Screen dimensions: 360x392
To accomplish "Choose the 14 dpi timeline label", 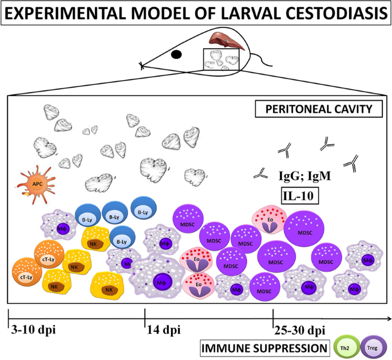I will tap(163, 330).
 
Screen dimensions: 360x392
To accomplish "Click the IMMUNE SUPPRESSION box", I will tap(264, 347).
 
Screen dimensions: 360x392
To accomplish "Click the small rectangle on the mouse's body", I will tap(221, 61).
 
